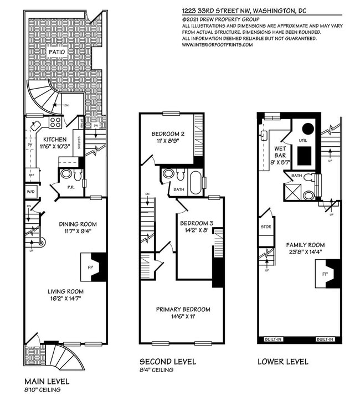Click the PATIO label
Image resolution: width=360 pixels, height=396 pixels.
coord(57,52)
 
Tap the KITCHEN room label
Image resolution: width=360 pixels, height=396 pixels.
coord(56,139)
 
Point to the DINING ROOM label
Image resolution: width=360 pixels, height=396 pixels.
coord(78,224)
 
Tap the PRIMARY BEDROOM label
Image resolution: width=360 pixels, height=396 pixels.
coord(183,309)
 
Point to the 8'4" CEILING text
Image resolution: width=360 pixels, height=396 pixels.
coord(156,370)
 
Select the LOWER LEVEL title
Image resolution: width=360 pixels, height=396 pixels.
coord(283,362)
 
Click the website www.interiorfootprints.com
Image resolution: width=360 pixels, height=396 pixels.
coord(217,45)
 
